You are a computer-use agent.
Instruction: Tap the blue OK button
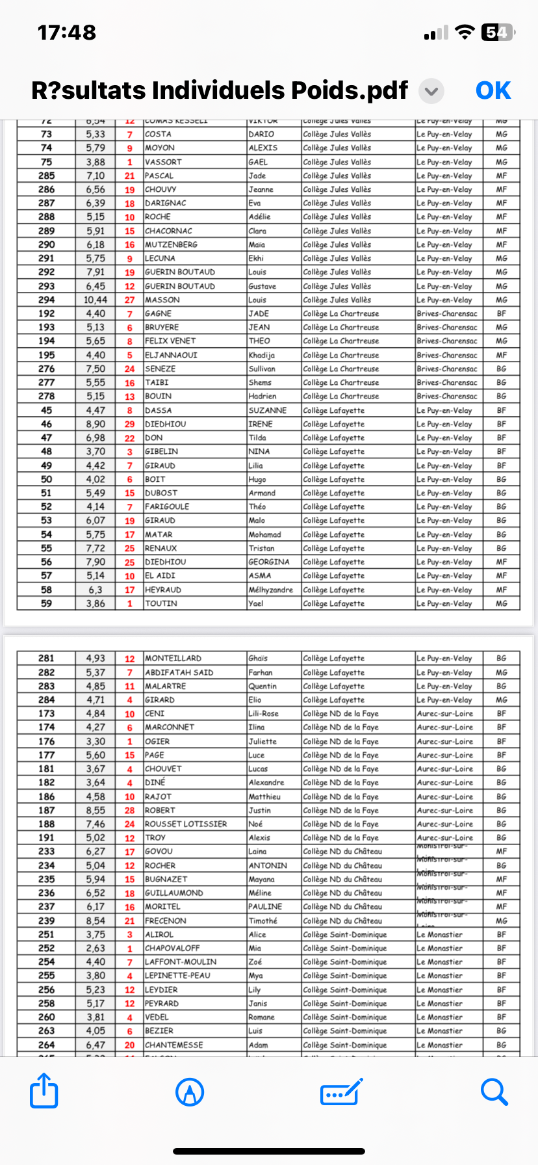tap(493, 90)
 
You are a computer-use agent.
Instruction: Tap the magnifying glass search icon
tap(494, 1092)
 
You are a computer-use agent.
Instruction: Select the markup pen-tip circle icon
tap(190, 1092)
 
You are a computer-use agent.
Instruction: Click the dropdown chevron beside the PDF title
tap(431, 91)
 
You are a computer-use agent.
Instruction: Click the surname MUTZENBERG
tap(171, 244)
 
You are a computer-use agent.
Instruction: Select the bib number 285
tap(47, 176)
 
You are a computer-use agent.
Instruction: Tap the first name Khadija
tap(261, 355)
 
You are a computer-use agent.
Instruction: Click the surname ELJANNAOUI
tap(171, 355)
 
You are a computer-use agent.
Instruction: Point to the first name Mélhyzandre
tap(270, 590)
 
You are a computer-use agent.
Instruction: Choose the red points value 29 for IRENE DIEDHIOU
tap(130, 424)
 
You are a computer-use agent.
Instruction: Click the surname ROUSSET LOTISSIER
tap(186, 824)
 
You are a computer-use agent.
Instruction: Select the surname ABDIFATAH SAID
tap(179, 672)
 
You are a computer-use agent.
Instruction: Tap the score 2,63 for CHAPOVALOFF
tap(96, 948)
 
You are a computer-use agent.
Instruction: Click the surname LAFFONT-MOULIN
tap(181, 962)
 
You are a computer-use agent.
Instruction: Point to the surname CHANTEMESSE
tap(173, 1045)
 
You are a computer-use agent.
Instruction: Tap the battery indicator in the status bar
tap(497, 32)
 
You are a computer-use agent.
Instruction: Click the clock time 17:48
tap(67, 32)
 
